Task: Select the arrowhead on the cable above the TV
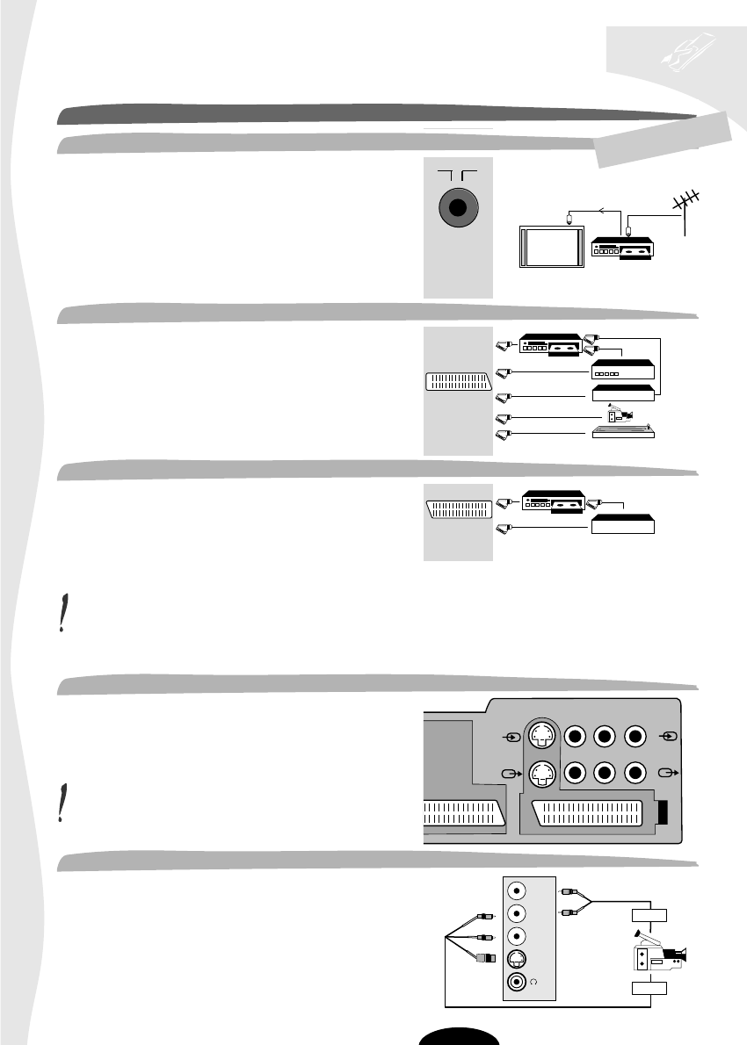(600, 210)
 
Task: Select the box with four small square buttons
(623, 370)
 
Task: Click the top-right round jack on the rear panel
(637, 734)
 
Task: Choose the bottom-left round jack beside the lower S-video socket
(575, 774)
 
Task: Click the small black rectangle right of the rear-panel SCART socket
(664, 811)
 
